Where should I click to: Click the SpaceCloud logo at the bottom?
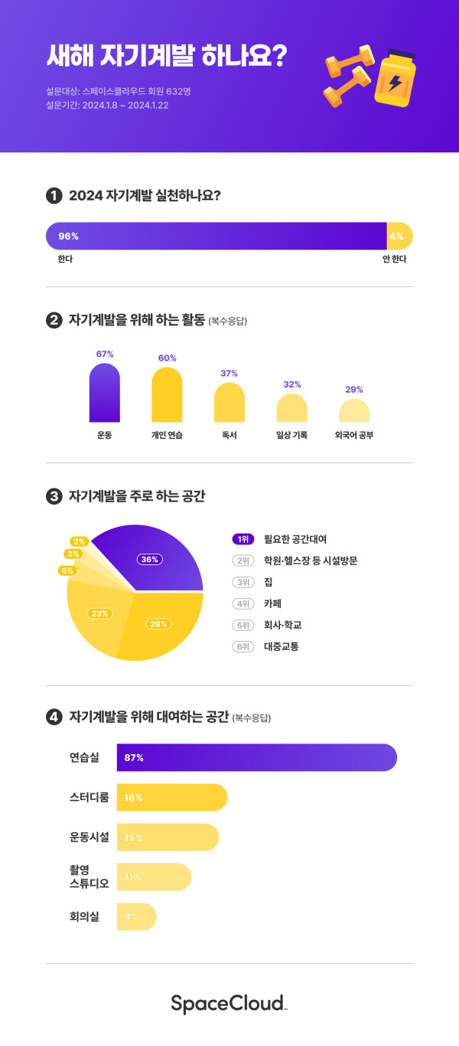pyautogui.click(x=229, y=1003)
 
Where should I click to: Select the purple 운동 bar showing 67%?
pyautogui.click(x=105, y=393)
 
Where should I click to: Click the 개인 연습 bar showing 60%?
pyautogui.click(x=167, y=395)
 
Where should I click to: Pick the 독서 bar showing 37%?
pyautogui.click(x=229, y=403)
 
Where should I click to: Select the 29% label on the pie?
pyautogui.click(x=158, y=623)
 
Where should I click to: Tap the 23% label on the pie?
pyautogui.click(x=100, y=613)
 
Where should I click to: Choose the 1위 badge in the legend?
pyautogui.click(x=243, y=539)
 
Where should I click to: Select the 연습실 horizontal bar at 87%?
pyautogui.click(x=256, y=757)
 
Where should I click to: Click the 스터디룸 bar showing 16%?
pyautogui.click(x=172, y=797)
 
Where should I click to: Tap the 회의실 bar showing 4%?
pyautogui.click(x=136, y=917)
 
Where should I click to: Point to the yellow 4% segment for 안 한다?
pyautogui.click(x=399, y=236)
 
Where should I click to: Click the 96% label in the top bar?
pyautogui.click(x=69, y=236)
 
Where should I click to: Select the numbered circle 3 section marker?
pyautogui.click(x=54, y=497)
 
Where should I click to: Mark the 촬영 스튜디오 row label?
pyautogui.click(x=89, y=877)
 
